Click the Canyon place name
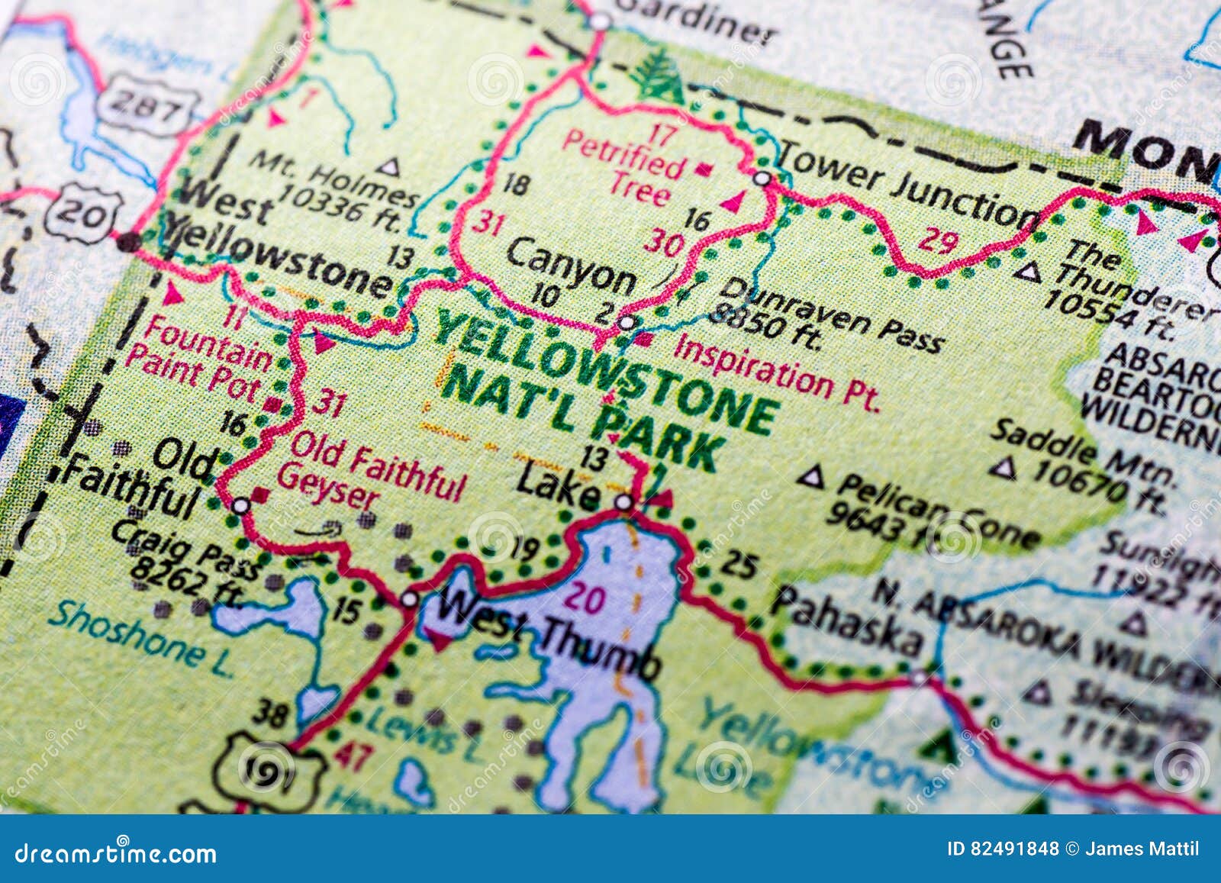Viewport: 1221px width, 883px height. [x=570, y=266]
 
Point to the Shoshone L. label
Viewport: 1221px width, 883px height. [x=141, y=638]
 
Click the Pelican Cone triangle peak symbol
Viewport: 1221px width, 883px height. [x=811, y=479]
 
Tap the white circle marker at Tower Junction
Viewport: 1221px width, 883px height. [x=762, y=179]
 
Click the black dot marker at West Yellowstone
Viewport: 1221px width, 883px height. [x=128, y=242]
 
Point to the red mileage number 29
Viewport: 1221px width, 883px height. [x=937, y=240]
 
